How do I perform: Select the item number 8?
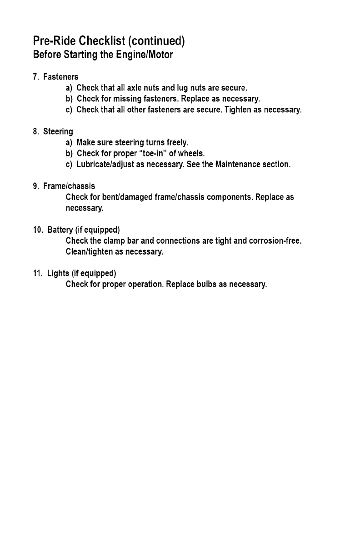click(35, 132)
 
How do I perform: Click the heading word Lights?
click(58, 273)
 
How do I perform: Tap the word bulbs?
click(204, 285)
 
